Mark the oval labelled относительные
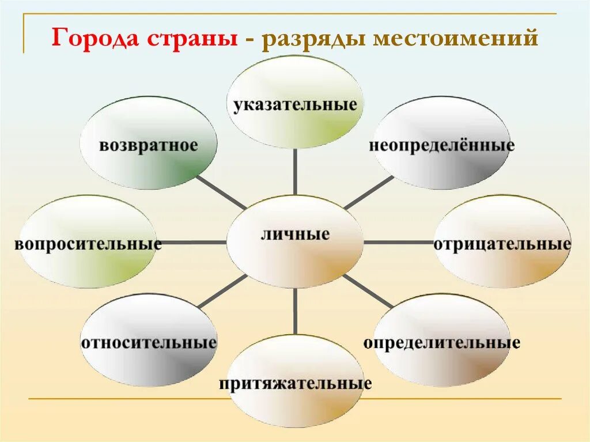(148, 341)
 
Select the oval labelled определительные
(442, 341)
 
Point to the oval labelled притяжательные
(295, 383)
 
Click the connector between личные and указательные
(295, 173)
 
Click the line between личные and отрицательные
(398, 242)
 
